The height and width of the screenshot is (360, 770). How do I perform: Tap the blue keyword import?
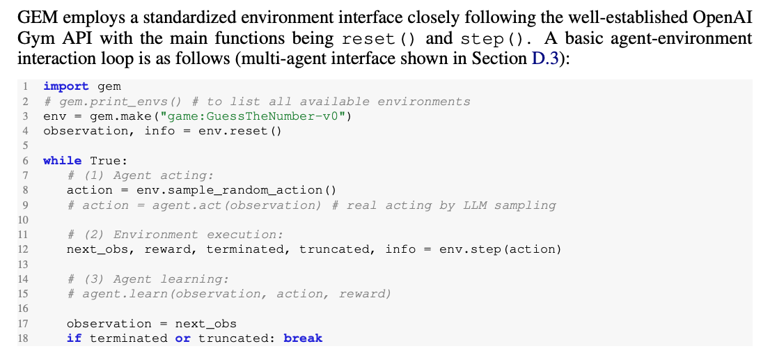[x=66, y=86]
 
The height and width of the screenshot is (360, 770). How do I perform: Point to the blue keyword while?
[x=62, y=160]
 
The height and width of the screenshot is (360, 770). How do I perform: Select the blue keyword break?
[x=303, y=338]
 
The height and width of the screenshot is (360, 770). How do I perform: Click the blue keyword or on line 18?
[x=182, y=338]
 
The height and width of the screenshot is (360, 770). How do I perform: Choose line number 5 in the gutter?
[x=24, y=146]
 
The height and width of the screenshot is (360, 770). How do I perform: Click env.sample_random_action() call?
[x=236, y=190]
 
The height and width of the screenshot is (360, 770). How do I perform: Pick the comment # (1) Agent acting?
[x=140, y=175]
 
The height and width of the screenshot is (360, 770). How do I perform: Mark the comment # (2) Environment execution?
[x=175, y=235]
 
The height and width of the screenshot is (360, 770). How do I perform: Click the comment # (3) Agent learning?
[x=148, y=279]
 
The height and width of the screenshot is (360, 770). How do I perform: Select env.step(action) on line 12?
[x=500, y=249]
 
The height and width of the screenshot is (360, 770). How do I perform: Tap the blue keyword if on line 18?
[x=74, y=338]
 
